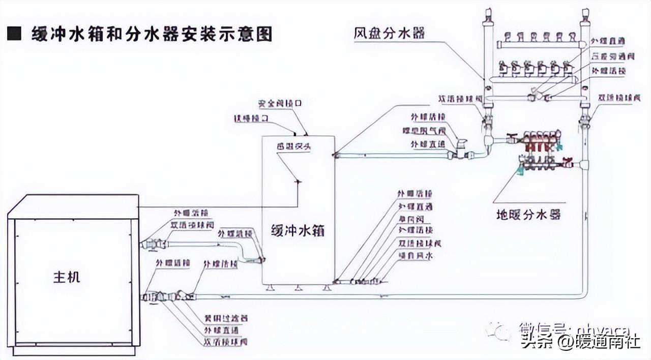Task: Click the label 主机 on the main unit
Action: (x=67, y=278)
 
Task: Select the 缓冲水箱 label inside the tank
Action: (x=298, y=230)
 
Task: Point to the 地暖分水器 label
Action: (x=528, y=214)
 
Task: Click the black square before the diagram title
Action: (x=14, y=35)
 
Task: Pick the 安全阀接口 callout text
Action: (x=280, y=103)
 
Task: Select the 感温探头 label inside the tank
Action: (x=293, y=146)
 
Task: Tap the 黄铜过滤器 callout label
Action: (x=226, y=318)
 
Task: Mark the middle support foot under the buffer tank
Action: (x=298, y=288)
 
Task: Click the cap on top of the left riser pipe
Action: (x=488, y=14)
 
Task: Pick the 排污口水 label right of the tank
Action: (x=415, y=256)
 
